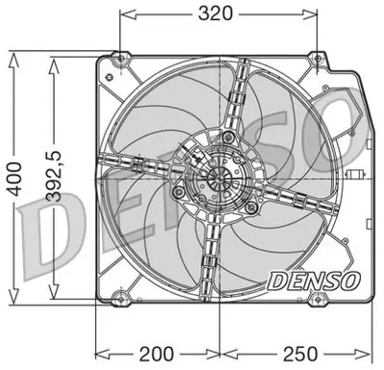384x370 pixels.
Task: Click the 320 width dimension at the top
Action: (x=218, y=15)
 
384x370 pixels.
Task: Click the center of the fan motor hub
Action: (x=213, y=179)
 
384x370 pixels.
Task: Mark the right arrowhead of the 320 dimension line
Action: (x=316, y=15)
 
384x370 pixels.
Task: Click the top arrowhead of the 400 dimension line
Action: (x=13, y=56)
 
